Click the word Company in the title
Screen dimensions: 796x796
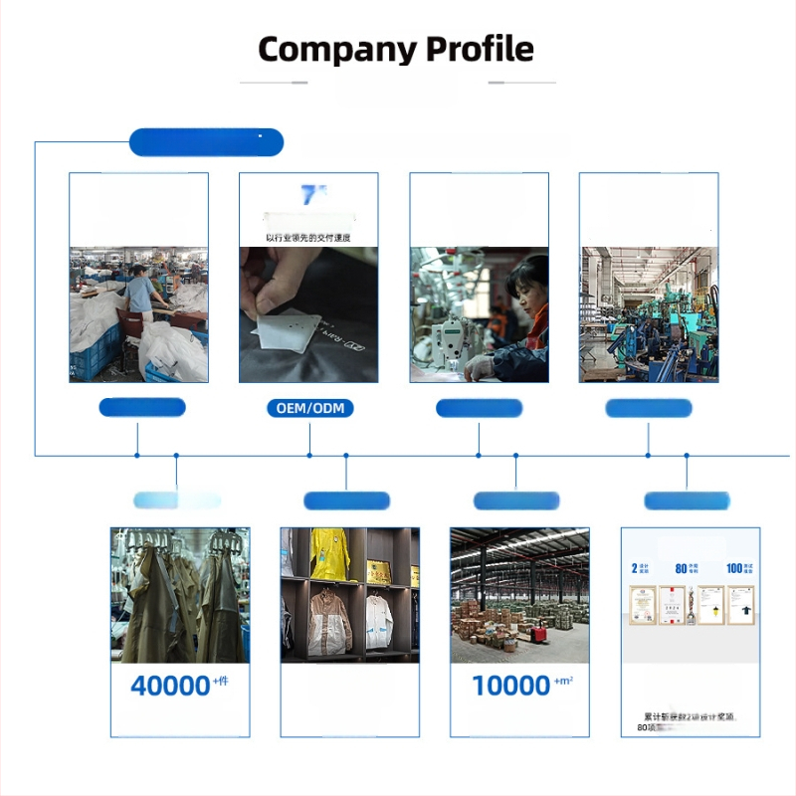(x=336, y=49)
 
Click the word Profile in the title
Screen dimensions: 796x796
(x=481, y=49)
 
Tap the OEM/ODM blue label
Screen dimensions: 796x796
(x=309, y=408)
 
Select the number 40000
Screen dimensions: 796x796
(x=169, y=686)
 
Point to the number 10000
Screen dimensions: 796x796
(x=510, y=686)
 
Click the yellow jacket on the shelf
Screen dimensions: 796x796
(x=328, y=553)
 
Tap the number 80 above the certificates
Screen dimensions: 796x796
(x=682, y=568)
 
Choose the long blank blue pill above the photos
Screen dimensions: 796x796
(x=206, y=142)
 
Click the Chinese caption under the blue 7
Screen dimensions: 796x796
(x=307, y=238)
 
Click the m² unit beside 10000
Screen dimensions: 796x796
(x=564, y=681)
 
